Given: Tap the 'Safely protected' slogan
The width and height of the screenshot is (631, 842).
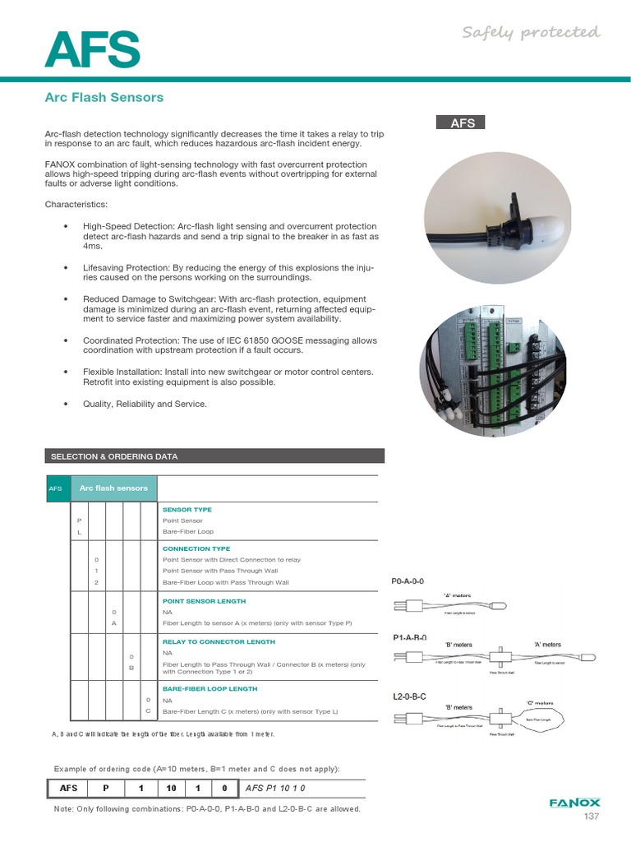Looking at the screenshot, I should tap(530, 32).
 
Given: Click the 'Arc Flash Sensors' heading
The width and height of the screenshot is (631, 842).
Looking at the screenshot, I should tap(104, 97).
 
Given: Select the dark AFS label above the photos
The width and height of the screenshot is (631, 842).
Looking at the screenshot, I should tap(462, 123).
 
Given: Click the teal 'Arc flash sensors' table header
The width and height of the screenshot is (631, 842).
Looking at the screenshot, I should tap(113, 488).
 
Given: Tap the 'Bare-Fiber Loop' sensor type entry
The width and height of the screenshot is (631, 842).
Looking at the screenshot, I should tap(188, 532).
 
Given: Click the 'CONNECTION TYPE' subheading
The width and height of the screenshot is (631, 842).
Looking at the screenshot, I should tap(196, 548).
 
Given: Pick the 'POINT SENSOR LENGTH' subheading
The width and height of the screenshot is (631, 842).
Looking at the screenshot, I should tap(202, 601).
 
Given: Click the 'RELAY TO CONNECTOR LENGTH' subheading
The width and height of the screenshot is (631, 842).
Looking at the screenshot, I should tap(219, 641).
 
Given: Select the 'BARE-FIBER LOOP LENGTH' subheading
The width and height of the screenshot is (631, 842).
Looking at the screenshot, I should tap(210, 689).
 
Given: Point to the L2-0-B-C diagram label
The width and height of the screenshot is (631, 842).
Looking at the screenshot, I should tap(410, 696).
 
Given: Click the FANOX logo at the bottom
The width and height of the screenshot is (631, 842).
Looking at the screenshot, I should tap(574, 803).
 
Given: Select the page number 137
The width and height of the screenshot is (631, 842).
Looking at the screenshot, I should tap(592, 817).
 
